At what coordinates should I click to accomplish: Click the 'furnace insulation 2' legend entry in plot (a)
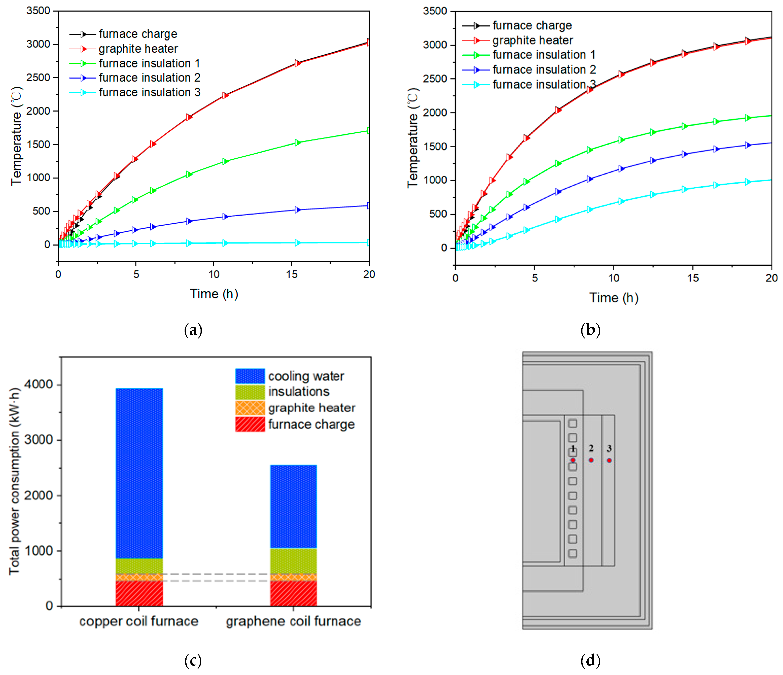(135, 78)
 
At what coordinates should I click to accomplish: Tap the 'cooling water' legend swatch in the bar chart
(250, 376)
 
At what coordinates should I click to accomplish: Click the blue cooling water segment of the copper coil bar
(139, 473)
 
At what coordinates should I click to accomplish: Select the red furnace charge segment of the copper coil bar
(139, 593)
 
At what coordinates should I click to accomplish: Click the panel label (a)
(193, 330)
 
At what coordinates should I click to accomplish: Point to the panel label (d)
(590, 661)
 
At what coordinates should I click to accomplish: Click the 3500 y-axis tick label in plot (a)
(38, 11)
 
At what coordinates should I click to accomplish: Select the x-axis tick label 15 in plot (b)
(693, 278)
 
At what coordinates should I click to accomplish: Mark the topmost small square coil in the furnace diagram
(573, 424)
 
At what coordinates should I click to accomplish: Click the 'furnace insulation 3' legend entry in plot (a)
(135, 93)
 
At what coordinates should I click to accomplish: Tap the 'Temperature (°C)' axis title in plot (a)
(17, 136)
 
